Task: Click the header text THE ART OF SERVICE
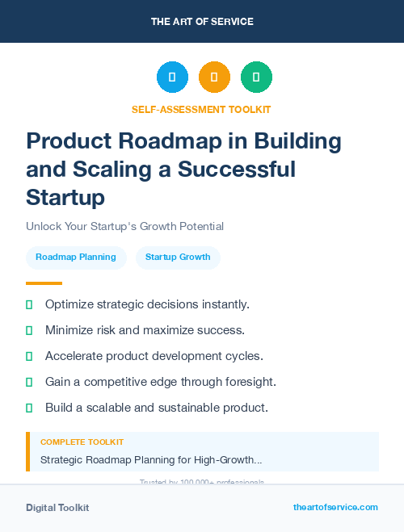[x=202, y=22]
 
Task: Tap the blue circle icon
[x=172, y=77]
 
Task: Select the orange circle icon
[x=214, y=77]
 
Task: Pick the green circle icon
[x=256, y=77]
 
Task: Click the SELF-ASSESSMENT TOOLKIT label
[x=201, y=109]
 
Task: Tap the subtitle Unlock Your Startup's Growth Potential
[x=124, y=226]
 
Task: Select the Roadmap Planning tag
[x=76, y=258]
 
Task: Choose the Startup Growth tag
[x=178, y=258]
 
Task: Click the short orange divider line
[x=44, y=283]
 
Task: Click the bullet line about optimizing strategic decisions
[x=147, y=304]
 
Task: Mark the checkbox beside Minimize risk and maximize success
[x=29, y=330]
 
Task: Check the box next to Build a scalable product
[x=29, y=408]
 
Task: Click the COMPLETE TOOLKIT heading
[x=82, y=442]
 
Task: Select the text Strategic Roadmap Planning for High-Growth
[x=151, y=460]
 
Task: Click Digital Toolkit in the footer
[x=57, y=508]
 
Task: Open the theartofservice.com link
[x=335, y=507]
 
